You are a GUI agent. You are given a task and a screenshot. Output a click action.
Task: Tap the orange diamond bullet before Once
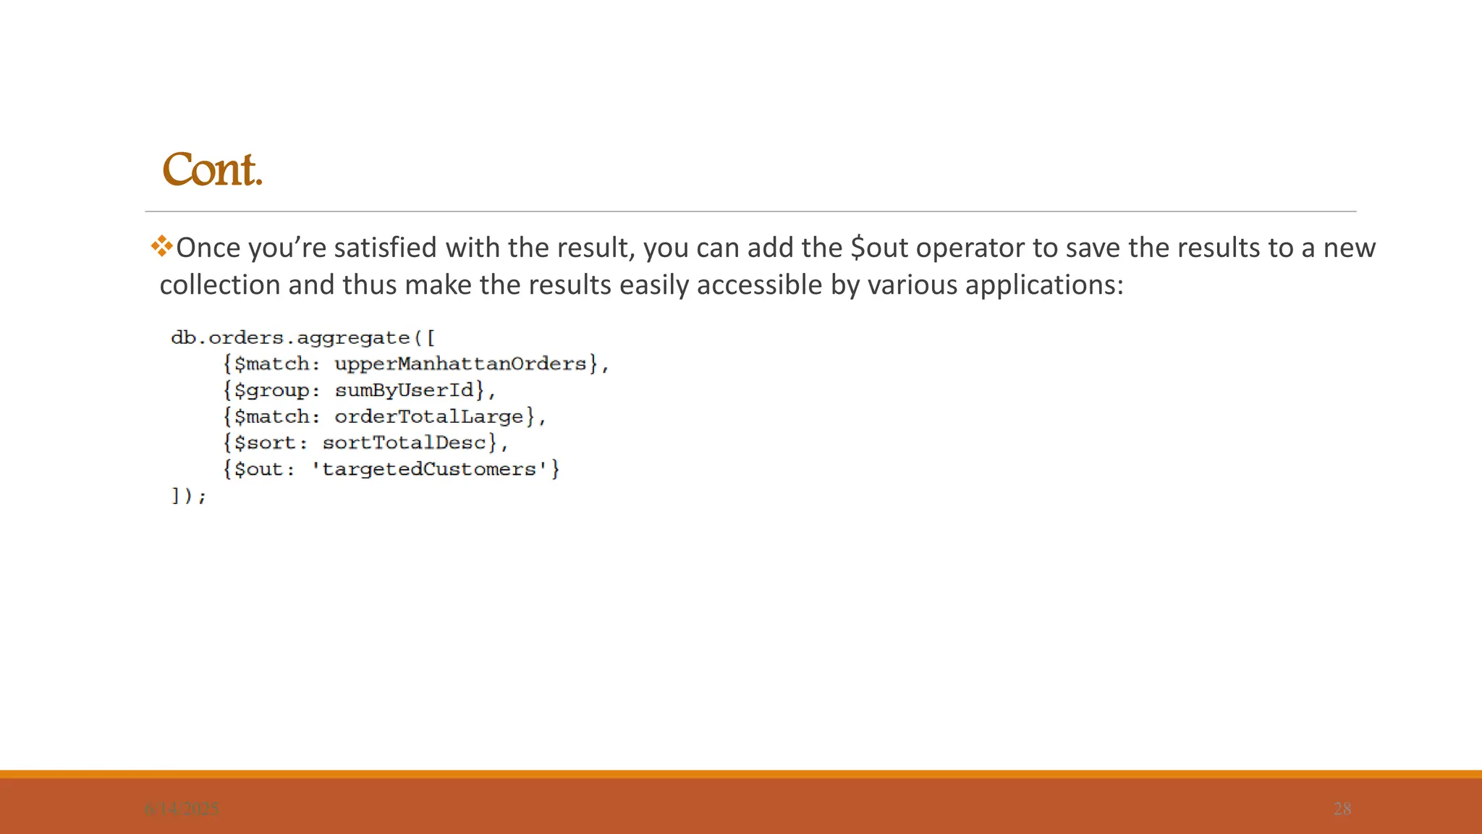[x=161, y=246]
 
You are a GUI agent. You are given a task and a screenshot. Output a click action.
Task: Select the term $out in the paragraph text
[x=878, y=248]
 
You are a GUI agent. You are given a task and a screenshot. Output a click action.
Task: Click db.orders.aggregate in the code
[x=289, y=338]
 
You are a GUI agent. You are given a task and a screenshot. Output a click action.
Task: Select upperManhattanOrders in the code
[x=460, y=363]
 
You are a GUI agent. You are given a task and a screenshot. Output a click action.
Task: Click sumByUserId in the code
[x=404, y=390]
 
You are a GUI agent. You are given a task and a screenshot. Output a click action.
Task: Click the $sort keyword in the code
[x=266, y=443]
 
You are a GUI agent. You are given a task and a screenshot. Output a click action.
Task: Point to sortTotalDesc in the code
[x=404, y=442]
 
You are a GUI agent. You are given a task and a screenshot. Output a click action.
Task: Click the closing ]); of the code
[x=188, y=496]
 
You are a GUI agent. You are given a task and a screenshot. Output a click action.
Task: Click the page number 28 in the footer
[x=1342, y=809]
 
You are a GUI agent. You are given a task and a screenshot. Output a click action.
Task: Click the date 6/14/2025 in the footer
[x=182, y=809]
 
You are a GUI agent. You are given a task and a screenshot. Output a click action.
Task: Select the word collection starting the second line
[x=219, y=285]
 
